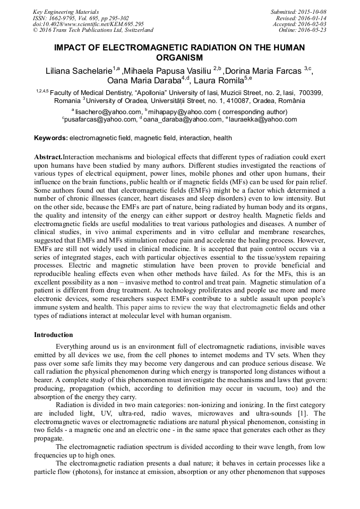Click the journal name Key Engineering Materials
coord(66,11)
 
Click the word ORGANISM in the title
coord(179,57)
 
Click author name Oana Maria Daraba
coord(144,81)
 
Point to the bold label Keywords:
coord(51,138)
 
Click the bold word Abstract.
coord(48,158)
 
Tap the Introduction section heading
coord(54,335)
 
